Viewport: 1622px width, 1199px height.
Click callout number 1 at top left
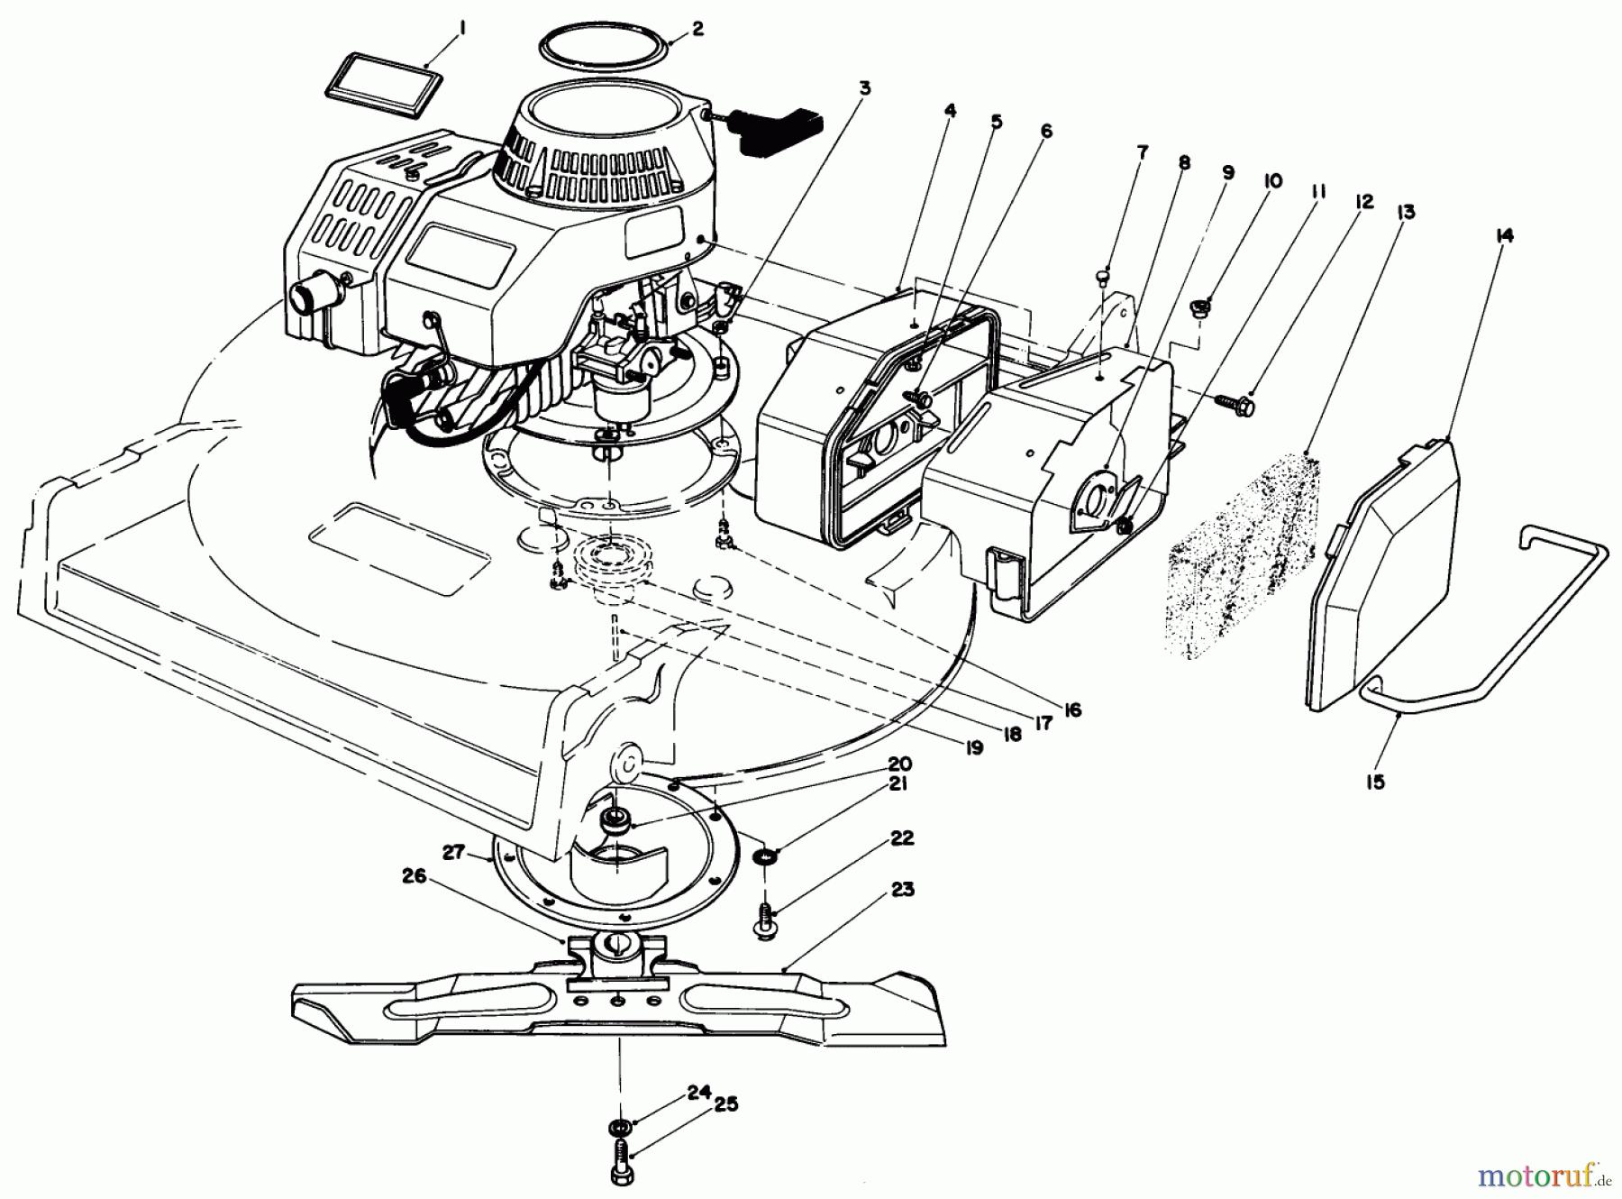tap(461, 30)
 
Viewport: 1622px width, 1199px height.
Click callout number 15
tap(1374, 783)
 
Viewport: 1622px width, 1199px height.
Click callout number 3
tap(864, 88)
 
